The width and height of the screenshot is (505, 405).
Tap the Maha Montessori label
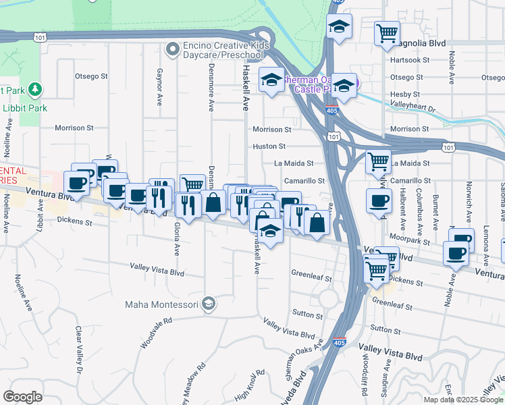point(163,304)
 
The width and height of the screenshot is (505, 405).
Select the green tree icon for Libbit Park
point(33,89)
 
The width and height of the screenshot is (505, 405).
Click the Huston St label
point(269,146)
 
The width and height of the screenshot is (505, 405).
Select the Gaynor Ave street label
point(159,86)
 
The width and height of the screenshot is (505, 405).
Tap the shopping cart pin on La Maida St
point(378,161)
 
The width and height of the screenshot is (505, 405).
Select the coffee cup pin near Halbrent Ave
point(379,200)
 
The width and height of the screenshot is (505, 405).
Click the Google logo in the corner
point(22,397)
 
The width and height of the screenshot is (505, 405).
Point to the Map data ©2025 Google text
point(464,400)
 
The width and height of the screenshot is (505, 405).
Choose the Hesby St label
point(406,94)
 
